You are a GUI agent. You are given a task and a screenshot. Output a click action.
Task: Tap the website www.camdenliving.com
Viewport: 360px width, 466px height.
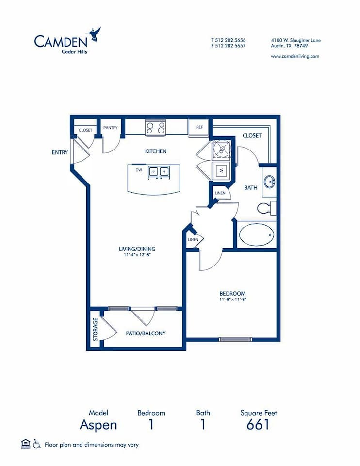point(295,56)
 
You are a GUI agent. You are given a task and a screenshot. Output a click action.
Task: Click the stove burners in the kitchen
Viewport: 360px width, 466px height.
point(156,128)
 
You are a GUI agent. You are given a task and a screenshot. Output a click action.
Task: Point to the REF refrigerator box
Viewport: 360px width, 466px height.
point(199,127)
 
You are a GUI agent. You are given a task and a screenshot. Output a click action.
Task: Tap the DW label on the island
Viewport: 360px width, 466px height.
point(139,170)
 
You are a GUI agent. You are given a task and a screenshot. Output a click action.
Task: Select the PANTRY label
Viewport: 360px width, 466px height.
point(110,128)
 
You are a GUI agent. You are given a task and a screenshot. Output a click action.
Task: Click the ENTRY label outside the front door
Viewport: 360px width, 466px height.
point(60,152)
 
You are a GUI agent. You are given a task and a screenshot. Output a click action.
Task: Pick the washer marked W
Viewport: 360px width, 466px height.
point(221,170)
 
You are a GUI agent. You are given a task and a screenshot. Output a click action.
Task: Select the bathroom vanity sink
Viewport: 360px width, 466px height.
point(269,183)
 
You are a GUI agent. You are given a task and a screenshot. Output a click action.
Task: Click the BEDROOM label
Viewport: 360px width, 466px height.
point(232,293)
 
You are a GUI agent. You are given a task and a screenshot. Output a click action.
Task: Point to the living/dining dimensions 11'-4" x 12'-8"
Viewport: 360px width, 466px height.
point(137,256)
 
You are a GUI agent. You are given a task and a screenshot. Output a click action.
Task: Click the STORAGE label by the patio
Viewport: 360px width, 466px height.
point(95,329)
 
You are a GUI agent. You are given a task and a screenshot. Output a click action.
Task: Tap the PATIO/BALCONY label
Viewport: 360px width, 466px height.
point(146,333)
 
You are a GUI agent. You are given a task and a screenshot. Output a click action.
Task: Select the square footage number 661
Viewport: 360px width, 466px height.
point(258,425)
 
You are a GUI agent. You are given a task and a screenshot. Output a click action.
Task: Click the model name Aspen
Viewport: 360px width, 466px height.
point(98,425)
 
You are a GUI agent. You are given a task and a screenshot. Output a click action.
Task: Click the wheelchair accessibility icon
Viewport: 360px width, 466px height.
point(37,444)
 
